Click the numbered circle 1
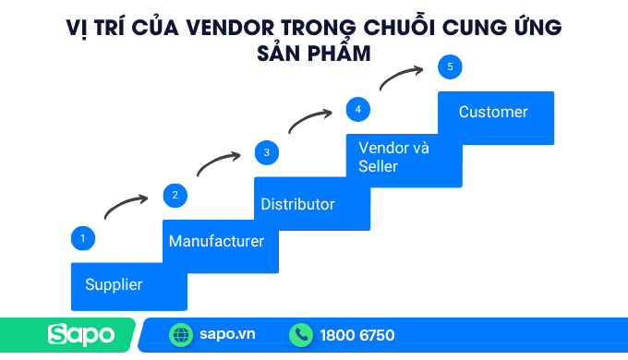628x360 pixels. coord(83,238)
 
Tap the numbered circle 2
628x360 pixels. coord(175,195)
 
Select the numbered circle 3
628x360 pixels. coord(266,152)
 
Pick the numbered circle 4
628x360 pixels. coord(357,109)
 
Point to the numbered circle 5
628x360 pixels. coord(450,66)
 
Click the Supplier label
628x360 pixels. coord(114,284)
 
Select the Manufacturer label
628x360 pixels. coord(216,242)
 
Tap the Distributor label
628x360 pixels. coord(297,204)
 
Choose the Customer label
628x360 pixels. coord(493,112)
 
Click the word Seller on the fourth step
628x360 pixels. coord(378,166)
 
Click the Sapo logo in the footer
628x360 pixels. coord(81,334)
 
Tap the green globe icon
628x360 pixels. coord(181,335)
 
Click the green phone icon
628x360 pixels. coord(301,335)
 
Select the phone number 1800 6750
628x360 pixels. coord(357,335)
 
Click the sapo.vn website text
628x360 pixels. coord(227,335)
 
